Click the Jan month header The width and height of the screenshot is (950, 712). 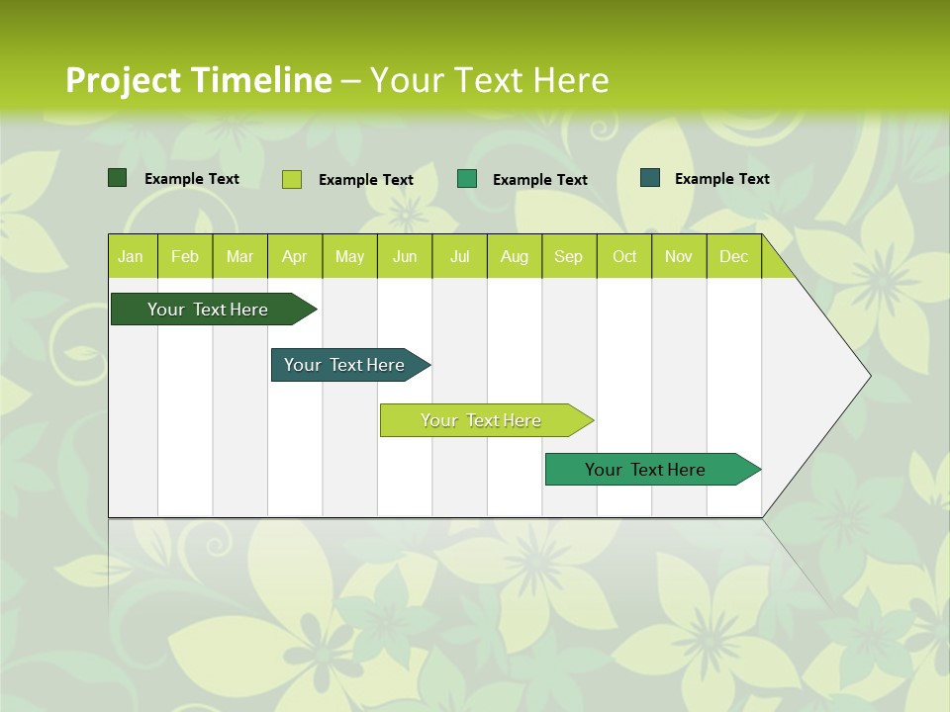(132, 256)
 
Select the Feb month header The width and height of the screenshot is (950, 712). (185, 256)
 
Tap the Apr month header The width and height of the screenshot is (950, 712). (295, 256)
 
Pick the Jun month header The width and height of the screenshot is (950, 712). (405, 256)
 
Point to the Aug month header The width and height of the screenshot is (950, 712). (515, 256)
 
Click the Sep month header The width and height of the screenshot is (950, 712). (569, 256)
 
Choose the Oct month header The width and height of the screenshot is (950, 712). (624, 256)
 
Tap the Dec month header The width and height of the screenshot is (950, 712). (734, 256)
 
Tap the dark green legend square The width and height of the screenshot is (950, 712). (117, 178)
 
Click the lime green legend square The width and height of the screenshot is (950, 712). (292, 179)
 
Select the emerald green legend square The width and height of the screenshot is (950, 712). (467, 179)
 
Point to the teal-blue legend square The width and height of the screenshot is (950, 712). (650, 178)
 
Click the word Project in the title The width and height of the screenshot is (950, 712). (122, 80)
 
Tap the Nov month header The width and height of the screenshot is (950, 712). (679, 256)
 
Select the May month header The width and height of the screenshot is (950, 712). (349, 256)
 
